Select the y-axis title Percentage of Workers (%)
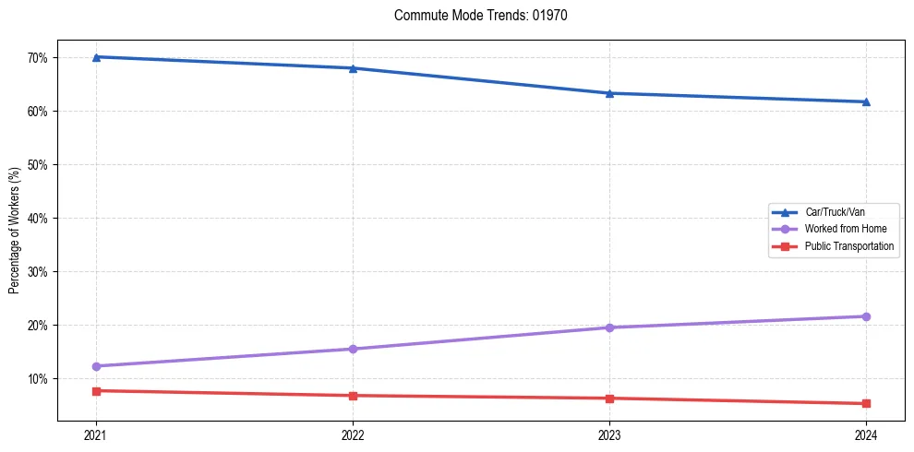pos(14,231)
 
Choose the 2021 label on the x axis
pos(96,434)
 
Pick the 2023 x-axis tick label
pos(609,434)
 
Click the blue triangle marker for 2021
pos(96,57)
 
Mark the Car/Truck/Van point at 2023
pos(609,93)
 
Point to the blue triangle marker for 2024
pos(866,101)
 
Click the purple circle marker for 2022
pos(353,349)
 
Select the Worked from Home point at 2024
pos(866,316)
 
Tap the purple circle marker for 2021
pos(96,366)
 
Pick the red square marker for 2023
pos(609,398)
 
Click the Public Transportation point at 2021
pos(96,391)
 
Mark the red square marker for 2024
pos(866,403)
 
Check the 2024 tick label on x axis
pos(866,434)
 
